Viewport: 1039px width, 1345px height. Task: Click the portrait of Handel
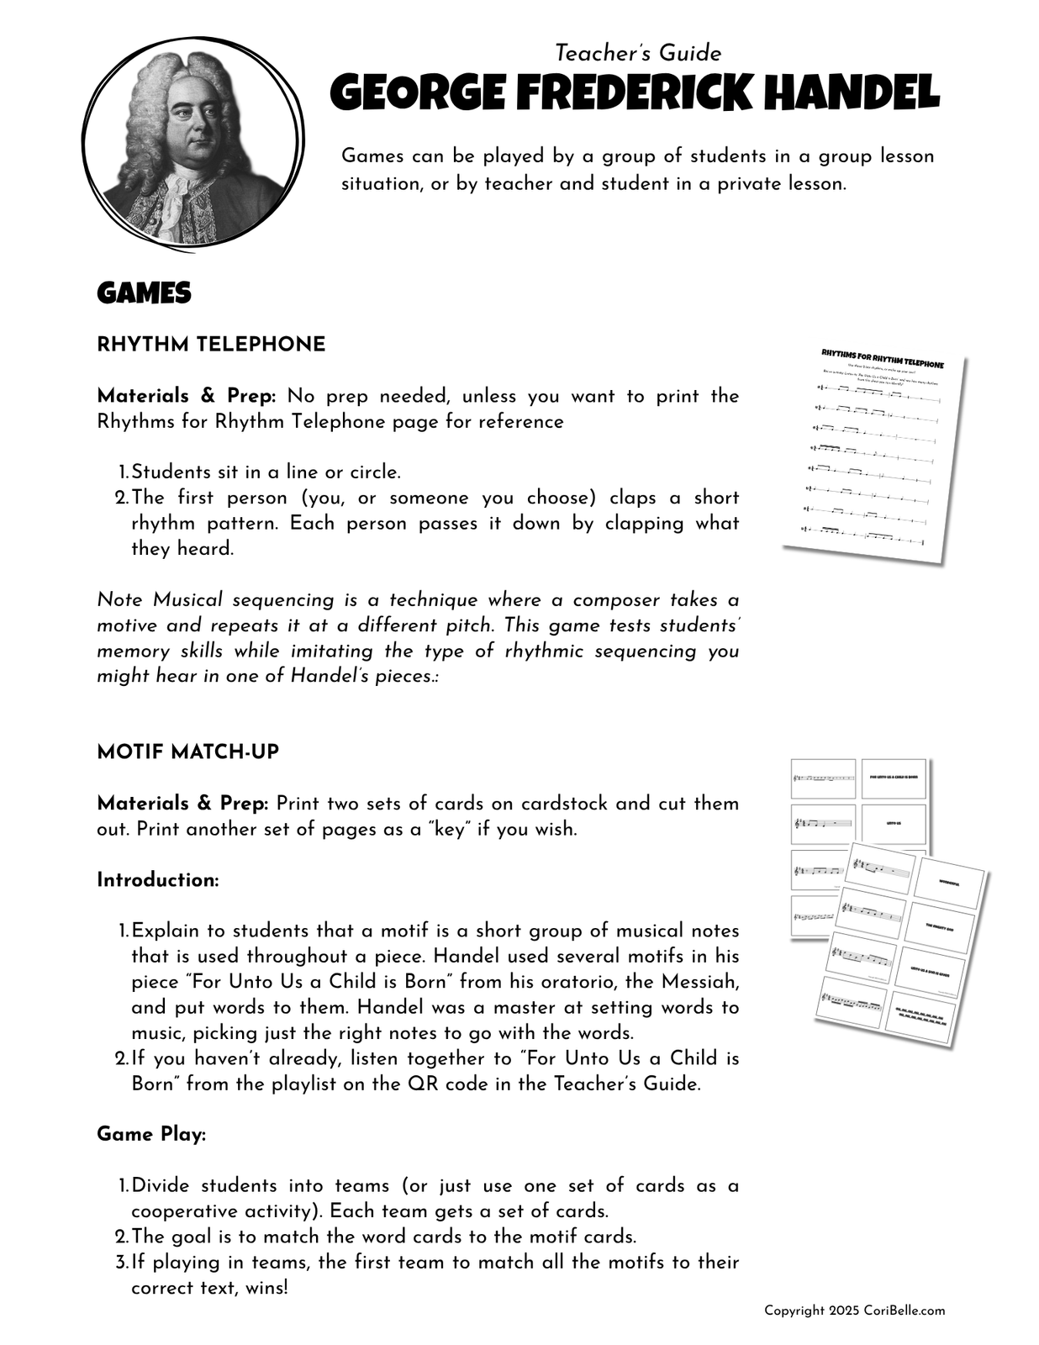(193, 141)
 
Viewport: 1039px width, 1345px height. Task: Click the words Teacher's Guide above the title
(638, 53)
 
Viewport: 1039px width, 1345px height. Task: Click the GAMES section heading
(144, 293)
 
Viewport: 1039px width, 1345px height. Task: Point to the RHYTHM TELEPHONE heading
(211, 345)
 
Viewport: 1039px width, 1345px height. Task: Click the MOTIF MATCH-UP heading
(187, 752)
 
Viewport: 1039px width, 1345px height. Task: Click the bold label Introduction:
(158, 880)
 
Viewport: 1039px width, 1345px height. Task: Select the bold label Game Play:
(151, 1134)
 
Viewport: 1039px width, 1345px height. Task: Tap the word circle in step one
(375, 472)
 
